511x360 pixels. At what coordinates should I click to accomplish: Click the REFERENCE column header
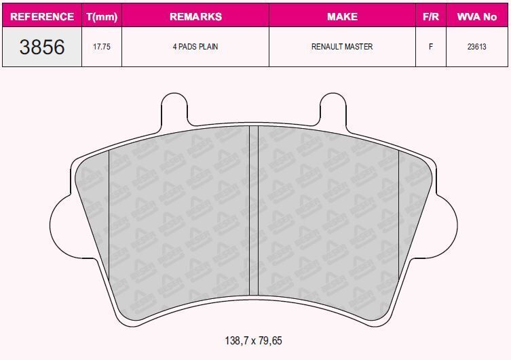tap(42, 16)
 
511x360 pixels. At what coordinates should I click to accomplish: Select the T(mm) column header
tap(102, 16)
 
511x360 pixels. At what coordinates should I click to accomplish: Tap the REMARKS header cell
tap(195, 16)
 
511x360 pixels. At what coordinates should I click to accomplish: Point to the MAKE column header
tap(342, 16)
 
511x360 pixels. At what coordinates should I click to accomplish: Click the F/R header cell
tap(430, 16)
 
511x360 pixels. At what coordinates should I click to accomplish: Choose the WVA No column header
tap(477, 16)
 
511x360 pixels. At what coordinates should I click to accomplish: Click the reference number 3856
tap(42, 47)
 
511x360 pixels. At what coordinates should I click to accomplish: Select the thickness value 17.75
tap(102, 47)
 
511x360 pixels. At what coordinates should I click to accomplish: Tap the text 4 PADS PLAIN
tap(195, 47)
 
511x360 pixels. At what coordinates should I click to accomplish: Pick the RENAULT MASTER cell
tap(342, 47)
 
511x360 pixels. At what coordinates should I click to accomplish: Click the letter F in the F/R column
tap(430, 47)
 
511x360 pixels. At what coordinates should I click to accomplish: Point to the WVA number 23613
tap(477, 47)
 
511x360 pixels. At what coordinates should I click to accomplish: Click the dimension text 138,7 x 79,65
tap(252, 340)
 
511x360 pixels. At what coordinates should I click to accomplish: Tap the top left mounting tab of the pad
tap(174, 111)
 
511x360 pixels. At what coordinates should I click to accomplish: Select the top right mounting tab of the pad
tap(333, 111)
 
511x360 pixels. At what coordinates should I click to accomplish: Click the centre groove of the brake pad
tap(254, 210)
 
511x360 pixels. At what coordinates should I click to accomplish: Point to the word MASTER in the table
tap(359, 47)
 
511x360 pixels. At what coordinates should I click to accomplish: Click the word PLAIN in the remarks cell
tap(207, 47)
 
